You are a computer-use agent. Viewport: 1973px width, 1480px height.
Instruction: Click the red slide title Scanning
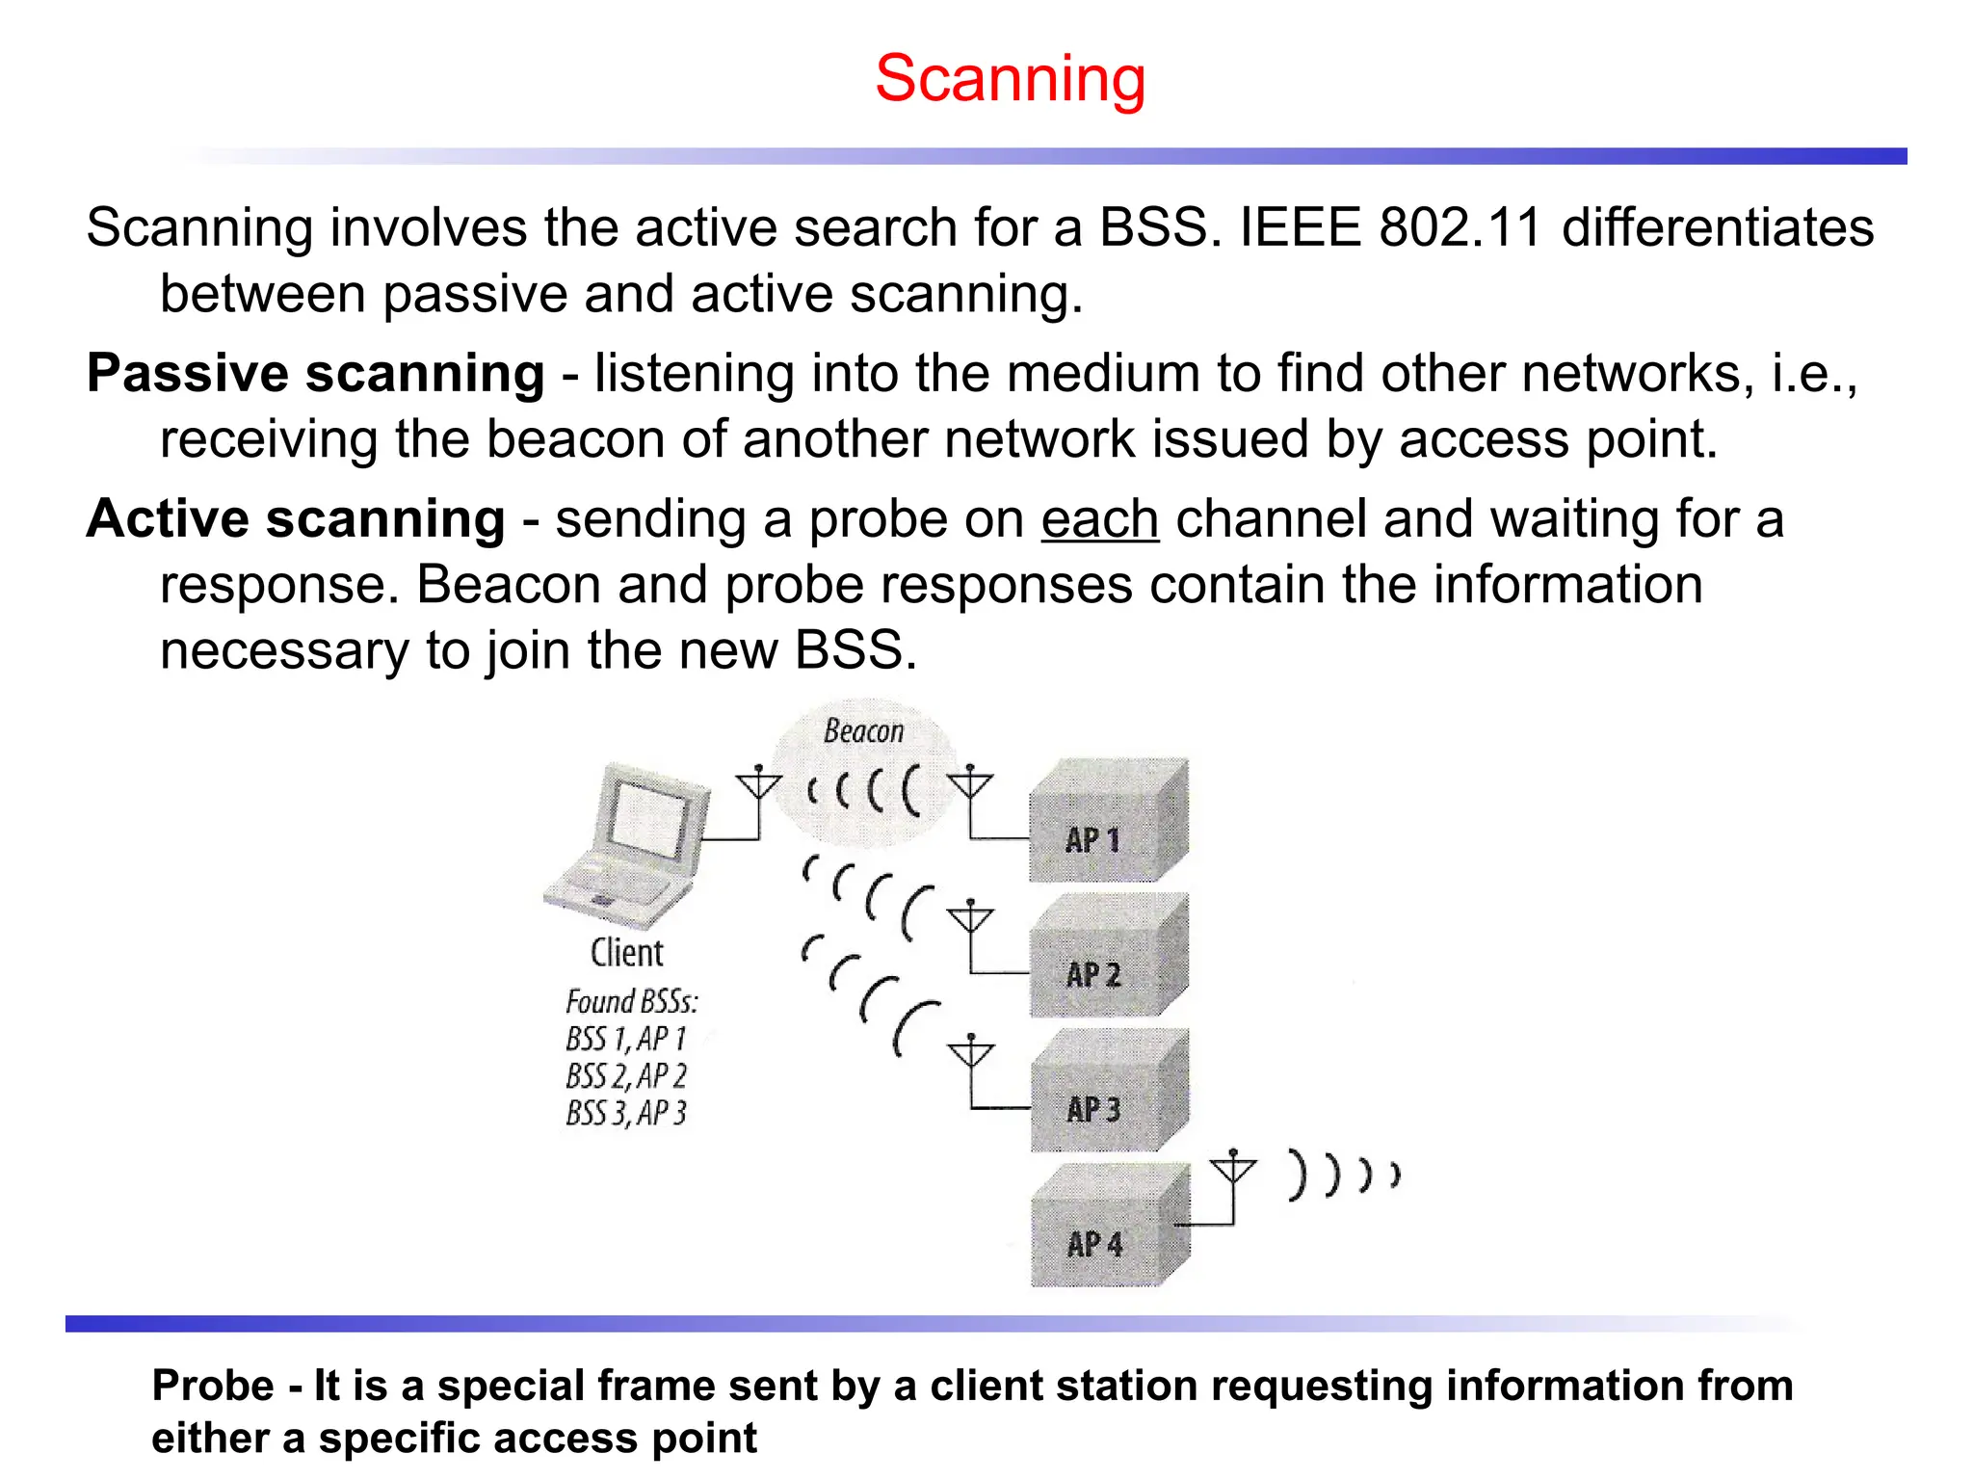1010,78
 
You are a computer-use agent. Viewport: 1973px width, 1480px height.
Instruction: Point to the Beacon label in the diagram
863,731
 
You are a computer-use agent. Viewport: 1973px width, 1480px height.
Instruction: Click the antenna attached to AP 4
1233,1171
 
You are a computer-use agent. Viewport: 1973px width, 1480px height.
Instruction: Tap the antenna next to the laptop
758,786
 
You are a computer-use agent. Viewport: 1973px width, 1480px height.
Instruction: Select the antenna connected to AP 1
969,786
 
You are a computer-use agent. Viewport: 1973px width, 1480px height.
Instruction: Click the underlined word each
1099,519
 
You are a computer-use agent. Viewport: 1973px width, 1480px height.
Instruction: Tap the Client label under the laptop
627,953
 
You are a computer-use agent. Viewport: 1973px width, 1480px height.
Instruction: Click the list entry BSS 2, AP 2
626,1075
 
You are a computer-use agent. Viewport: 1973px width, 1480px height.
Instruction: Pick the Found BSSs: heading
631,1002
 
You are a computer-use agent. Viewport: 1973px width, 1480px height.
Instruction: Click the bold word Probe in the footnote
213,1386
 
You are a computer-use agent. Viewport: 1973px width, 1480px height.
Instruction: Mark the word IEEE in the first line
1301,228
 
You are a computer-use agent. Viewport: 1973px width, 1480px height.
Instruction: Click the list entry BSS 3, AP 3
626,1113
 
